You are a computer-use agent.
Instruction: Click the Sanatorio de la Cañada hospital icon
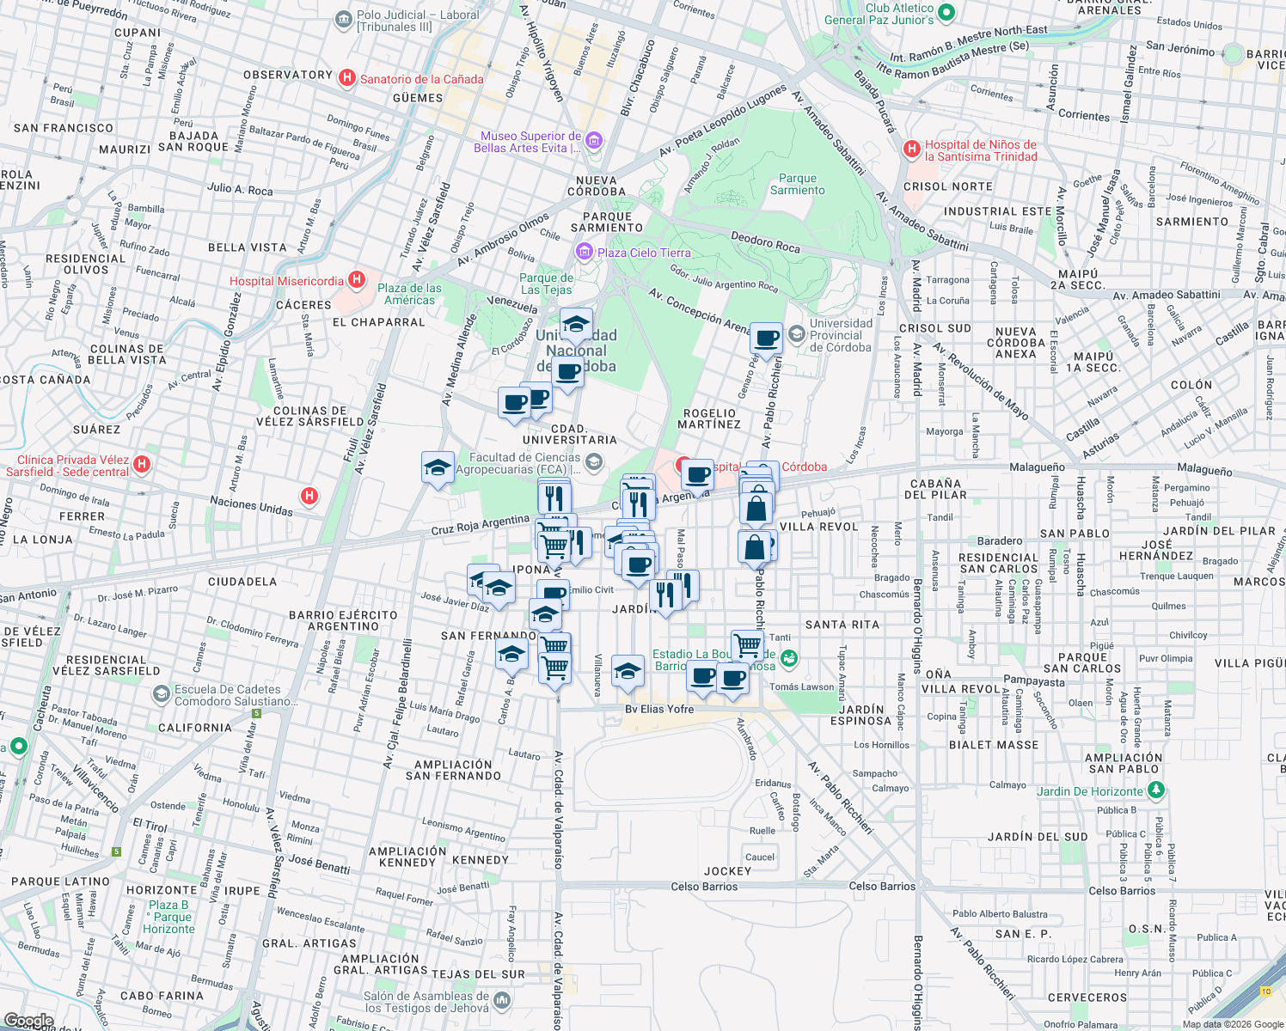[347, 79]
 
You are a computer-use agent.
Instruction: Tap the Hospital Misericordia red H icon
[357, 281]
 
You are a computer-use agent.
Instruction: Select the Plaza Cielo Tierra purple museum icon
[585, 252]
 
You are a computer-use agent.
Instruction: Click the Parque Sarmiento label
[797, 185]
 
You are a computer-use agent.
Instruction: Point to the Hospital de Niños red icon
[912, 149]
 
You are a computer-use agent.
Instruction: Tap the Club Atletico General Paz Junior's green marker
[946, 13]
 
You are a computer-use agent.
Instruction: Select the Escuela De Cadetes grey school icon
[161, 694]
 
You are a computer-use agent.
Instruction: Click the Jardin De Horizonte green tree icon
[1156, 790]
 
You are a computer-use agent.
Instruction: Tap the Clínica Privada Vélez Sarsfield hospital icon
[143, 465]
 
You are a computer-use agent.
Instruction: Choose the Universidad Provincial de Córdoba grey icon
[797, 333]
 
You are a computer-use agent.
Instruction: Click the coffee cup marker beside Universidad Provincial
[766, 339]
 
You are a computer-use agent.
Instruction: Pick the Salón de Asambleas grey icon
[502, 1000]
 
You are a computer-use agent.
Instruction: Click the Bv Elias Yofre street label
[658, 709]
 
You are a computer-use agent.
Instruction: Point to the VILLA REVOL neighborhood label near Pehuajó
[818, 527]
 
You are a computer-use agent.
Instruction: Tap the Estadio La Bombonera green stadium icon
[789, 659]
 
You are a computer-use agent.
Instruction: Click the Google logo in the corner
[28, 1021]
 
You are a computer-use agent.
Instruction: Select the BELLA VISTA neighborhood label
[247, 247]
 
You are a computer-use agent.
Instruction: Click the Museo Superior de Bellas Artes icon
[594, 141]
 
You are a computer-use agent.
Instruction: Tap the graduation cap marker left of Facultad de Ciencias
[438, 468]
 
